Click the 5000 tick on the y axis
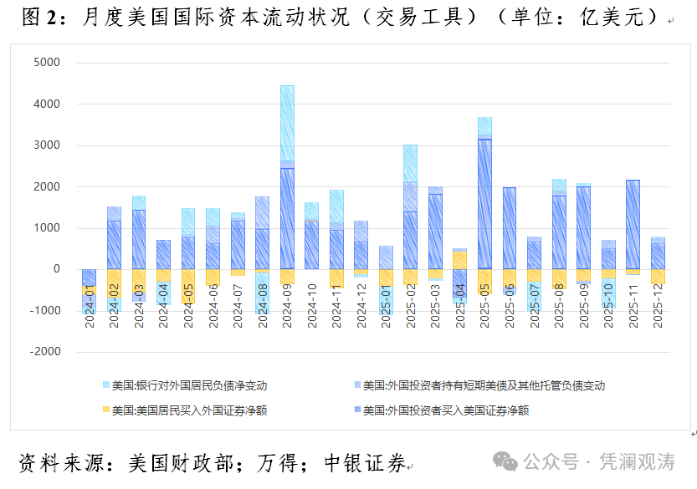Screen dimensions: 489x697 pos(46,63)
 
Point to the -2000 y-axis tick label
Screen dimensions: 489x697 pos(44,352)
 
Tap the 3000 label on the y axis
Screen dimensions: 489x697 pos(46,145)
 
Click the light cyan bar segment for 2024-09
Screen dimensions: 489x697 pos(287,122)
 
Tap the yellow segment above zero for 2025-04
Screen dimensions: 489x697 pos(460,260)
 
